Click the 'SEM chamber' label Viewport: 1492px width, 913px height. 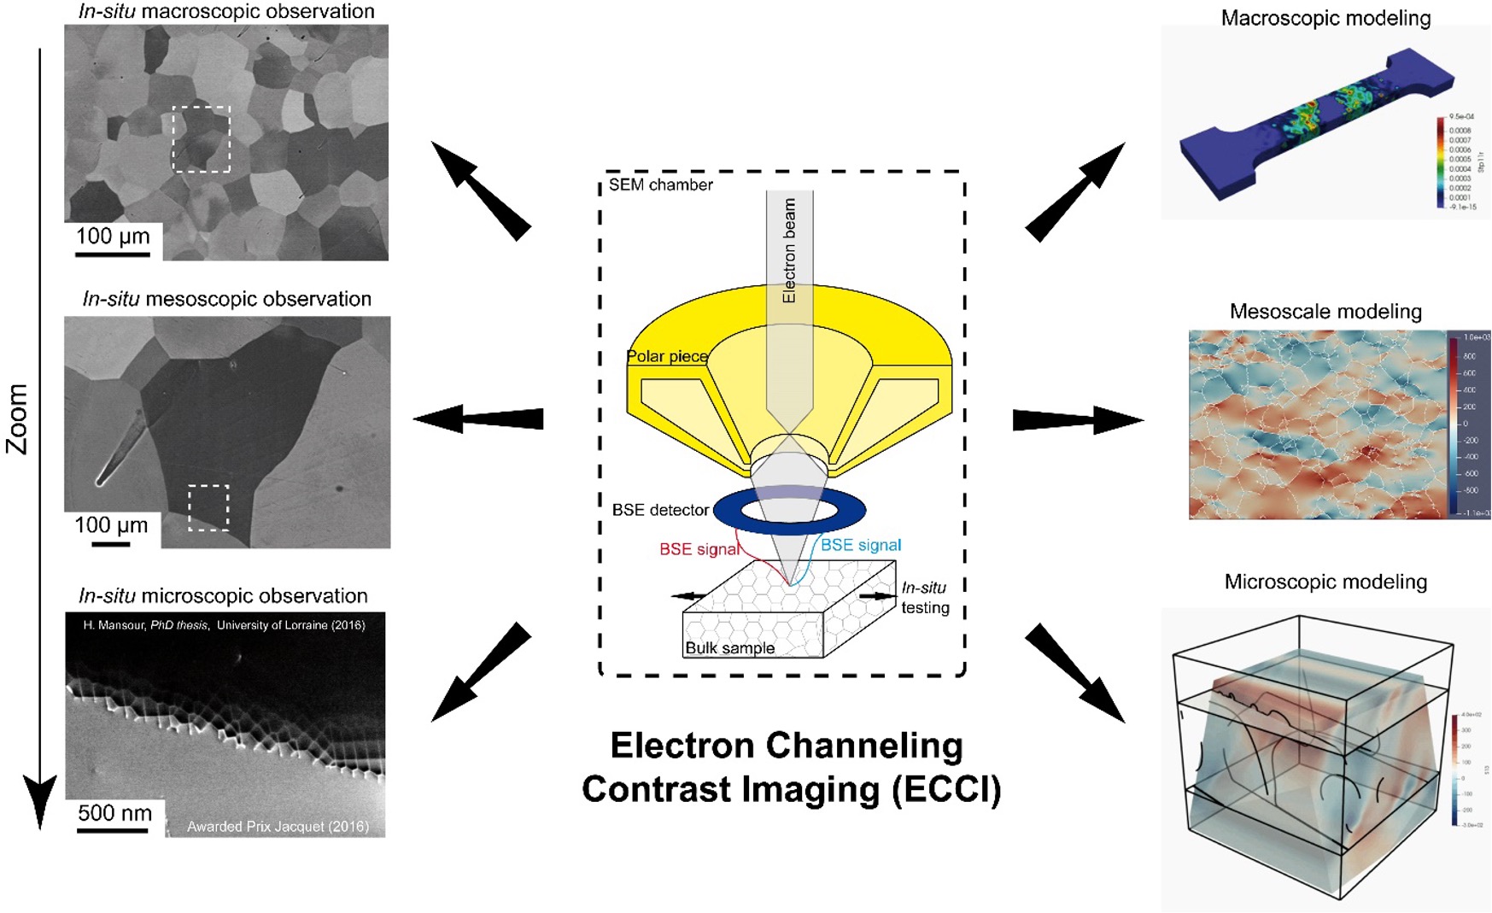click(660, 184)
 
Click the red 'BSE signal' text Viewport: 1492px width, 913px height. click(699, 549)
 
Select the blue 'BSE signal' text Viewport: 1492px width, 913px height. click(861, 545)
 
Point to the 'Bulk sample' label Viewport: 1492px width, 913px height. click(729, 648)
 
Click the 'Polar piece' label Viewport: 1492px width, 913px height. click(666, 356)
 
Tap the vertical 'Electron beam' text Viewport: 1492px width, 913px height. click(789, 250)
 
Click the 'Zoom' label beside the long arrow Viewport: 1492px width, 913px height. click(18, 418)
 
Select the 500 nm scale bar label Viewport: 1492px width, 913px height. click(114, 812)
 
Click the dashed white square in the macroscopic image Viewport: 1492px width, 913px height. click(201, 139)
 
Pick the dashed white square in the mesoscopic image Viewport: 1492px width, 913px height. click(208, 508)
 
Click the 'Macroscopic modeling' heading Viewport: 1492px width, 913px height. click(1325, 18)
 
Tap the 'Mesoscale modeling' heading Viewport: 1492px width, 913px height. click(1325, 312)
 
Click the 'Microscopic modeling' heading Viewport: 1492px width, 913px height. click(1325, 582)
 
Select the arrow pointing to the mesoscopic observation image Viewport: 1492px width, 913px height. click(478, 418)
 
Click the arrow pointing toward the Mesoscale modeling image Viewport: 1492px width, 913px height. click(1078, 420)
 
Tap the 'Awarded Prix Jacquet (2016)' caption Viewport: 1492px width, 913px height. click(278, 826)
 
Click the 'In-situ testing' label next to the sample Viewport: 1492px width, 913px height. click(924, 597)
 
